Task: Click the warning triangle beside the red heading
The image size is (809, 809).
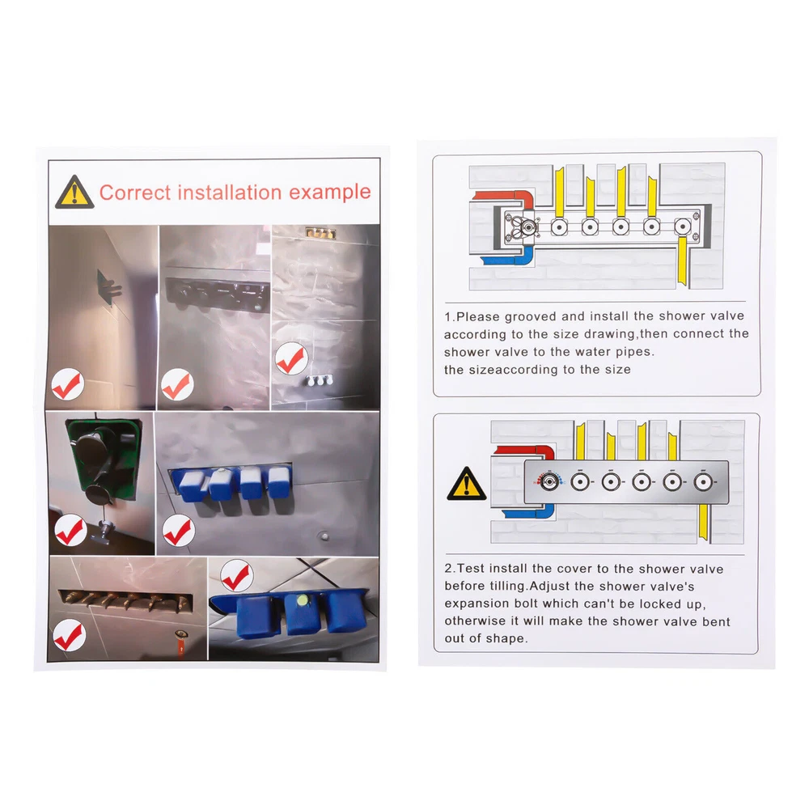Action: coord(74,192)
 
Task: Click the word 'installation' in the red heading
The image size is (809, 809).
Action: coord(230,193)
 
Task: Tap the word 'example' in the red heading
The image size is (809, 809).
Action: coord(330,193)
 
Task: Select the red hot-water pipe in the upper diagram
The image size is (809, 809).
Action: coord(506,198)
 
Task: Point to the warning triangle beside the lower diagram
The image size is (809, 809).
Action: coord(467,484)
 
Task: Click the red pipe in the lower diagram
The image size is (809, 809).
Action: coord(527,451)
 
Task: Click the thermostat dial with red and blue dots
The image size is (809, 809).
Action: coord(549,482)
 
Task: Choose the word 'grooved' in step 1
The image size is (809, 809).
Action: coord(531,316)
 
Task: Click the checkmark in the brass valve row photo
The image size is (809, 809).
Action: coord(70,634)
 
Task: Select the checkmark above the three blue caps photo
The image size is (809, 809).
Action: coord(237,576)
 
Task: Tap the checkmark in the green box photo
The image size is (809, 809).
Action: coord(70,531)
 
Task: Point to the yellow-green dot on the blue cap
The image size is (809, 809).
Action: coord(303,600)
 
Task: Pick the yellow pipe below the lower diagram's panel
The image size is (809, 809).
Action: coord(703,522)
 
